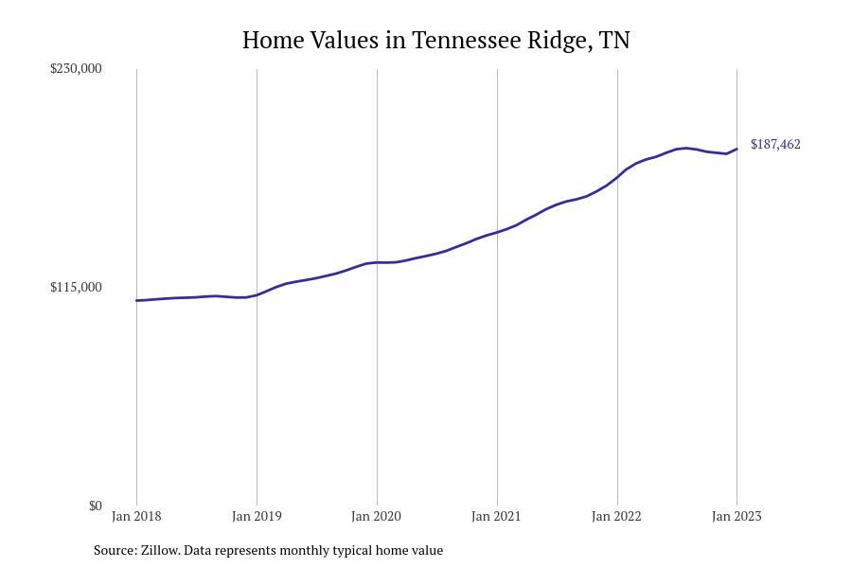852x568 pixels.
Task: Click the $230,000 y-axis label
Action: coord(76,68)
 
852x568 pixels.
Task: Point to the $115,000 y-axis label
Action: coord(76,287)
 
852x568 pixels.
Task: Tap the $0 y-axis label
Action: coord(95,506)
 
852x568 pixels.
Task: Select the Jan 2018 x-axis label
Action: coord(136,516)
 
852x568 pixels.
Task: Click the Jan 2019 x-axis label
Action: coord(257,516)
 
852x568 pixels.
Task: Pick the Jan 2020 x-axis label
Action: coord(377,516)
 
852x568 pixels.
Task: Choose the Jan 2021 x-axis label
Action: coord(497,516)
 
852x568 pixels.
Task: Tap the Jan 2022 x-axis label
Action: coord(617,516)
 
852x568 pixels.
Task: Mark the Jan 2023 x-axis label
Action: coord(737,516)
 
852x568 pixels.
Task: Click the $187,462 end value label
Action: coord(775,144)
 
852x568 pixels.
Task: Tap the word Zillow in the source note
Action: coord(160,550)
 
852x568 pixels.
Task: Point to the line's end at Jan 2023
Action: coord(737,149)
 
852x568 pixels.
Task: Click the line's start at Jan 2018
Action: coord(136,300)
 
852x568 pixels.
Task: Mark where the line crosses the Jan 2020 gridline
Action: coord(377,262)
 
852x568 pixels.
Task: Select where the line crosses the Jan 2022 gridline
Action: coord(617,176)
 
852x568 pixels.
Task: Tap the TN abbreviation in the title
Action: coord(614,40)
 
